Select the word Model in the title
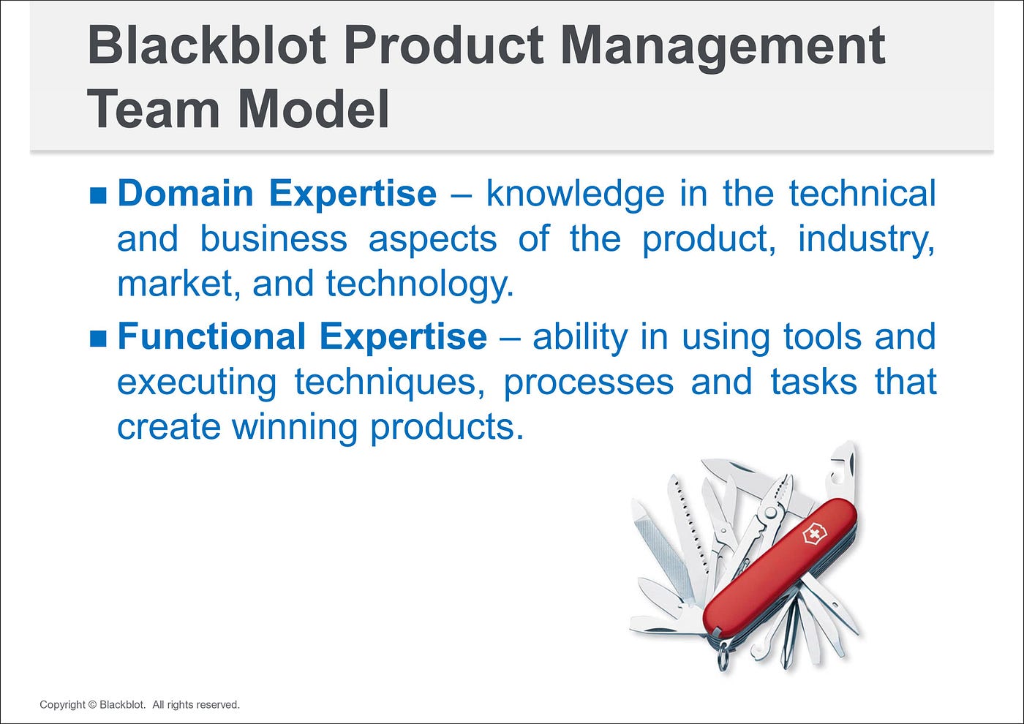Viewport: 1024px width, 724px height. [x=313, y=109]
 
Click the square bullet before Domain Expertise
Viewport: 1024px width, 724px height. [x=98, y=195]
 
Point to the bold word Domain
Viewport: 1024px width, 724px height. [x=186, y=194]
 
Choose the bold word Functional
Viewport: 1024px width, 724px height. [x=211, y=336]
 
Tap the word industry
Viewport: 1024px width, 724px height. [x=866, y=240]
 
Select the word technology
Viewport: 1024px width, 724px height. [x=420, y=284]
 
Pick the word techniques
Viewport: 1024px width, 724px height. [x=389, y=382]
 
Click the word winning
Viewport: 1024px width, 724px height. [x=295, y=427]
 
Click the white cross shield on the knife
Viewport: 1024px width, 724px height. [x=814, y=533]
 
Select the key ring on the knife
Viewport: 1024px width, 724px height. [x=723, y=655]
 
